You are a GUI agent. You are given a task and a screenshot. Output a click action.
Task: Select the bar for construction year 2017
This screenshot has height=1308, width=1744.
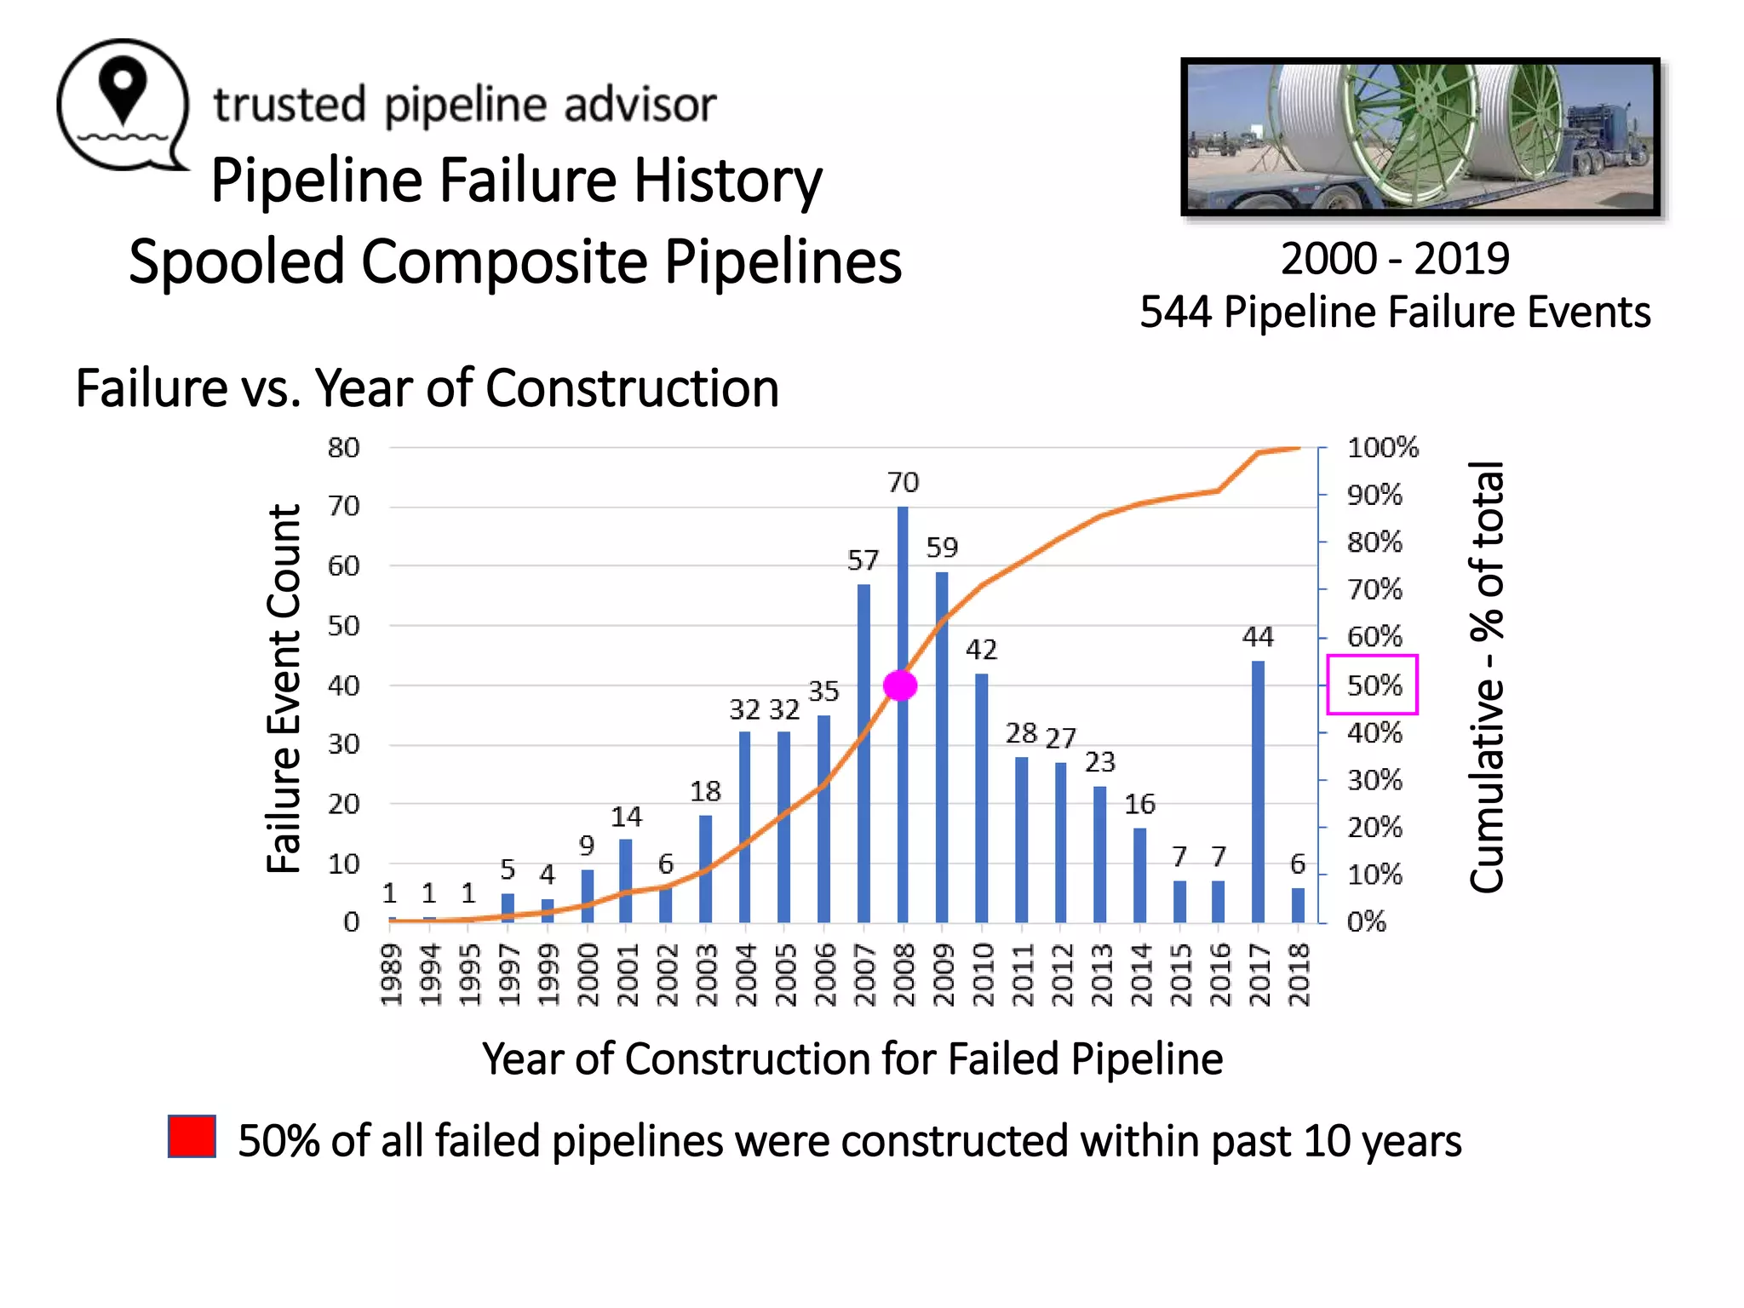[1258, 792]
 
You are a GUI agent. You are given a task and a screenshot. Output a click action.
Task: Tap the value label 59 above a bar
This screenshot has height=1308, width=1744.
[942, 548]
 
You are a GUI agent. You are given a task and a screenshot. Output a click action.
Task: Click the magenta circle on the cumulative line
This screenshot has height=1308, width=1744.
[900, 686]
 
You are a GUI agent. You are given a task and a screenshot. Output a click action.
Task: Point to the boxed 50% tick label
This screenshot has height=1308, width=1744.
[1373, 685]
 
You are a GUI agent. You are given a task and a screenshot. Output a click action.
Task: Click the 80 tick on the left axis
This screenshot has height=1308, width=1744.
[344, 448]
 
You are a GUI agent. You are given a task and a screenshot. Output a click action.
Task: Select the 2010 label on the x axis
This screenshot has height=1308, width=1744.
[982, 974]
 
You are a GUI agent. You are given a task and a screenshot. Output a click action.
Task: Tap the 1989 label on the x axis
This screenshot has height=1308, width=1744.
[391, 974]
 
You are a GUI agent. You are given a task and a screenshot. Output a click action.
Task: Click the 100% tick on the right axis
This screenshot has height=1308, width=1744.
[1382, 448]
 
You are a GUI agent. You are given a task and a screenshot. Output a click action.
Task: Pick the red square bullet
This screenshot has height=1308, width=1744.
[192, 1137]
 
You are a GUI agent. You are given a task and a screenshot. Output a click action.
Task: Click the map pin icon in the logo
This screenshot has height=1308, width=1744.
[123, 90]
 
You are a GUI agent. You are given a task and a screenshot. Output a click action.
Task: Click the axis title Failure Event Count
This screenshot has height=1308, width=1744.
[284, 688]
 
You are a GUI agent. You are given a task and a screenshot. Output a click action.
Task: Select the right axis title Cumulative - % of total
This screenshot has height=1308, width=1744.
[1487, 677]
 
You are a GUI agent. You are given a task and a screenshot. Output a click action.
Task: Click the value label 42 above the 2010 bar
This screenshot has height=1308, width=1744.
[981, 651]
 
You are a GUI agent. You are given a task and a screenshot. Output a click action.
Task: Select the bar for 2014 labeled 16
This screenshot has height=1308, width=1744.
[1139, 875]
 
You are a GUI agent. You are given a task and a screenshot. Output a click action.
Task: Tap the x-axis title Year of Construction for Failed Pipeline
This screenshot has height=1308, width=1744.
[852, 1059]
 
